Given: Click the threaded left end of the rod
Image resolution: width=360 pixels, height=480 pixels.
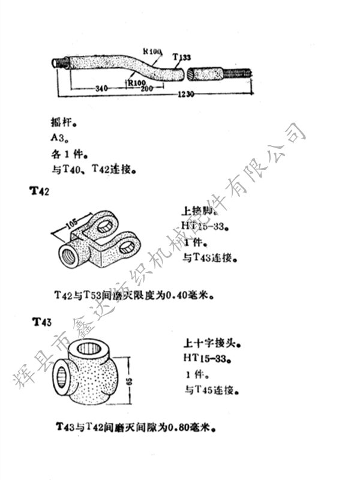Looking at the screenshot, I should click(58, 62).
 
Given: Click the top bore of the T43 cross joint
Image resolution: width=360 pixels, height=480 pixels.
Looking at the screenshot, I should click(93, 347).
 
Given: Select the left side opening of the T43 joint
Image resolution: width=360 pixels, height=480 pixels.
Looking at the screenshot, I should click(62, 377).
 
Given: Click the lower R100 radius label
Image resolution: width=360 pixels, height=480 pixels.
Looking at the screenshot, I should click(137, 81).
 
